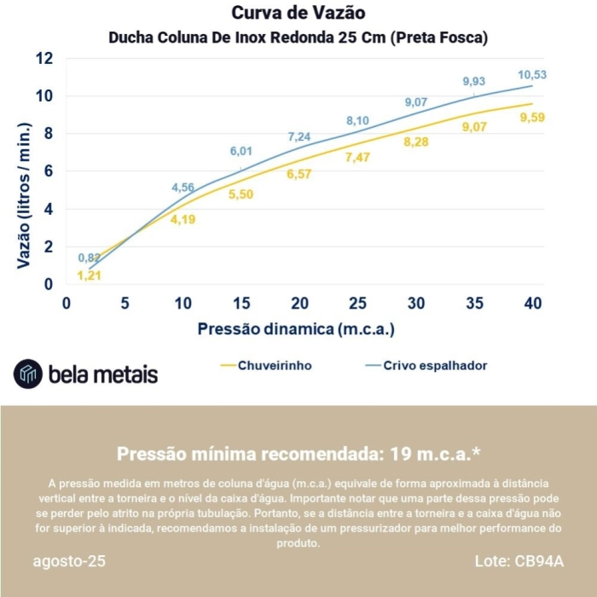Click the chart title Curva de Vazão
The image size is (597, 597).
[x=298, y=14]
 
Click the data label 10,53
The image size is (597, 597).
[x=532, y=74]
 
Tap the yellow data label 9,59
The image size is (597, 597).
[x=532, y=118]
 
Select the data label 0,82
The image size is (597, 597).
[x=90, y=258]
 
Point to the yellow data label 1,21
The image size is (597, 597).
[x=89, y=275]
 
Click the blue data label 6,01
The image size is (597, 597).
[x=241, y=152]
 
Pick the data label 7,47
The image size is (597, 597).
[x=357, y=158]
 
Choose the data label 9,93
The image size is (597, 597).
[x=474, y=82]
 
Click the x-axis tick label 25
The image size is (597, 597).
[x=358, y=304]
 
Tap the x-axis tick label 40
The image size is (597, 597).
[x=533, y=304]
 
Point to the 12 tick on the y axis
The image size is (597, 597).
[x=44, y=59]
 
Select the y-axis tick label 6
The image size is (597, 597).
[x=49, y=171]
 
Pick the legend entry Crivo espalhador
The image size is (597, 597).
[x=435, y=366]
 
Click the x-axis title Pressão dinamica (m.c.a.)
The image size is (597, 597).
[x=296, y=329]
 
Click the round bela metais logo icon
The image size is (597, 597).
[x=27, y=374]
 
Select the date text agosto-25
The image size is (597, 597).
[x=70, y=562]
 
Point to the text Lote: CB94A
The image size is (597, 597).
[x=519, y=562]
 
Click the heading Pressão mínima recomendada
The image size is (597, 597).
[x=298, y=453]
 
